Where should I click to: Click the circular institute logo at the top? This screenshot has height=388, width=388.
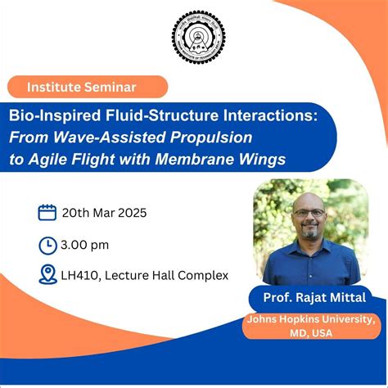coord(197,37)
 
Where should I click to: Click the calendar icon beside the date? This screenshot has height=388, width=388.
coord(47,214)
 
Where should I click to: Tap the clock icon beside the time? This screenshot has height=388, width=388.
coord(47,244)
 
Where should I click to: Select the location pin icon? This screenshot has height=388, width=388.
coord(47,275)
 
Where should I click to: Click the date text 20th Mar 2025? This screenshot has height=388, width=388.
coord(104,214)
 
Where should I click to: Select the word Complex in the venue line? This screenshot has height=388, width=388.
coord(205,276)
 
